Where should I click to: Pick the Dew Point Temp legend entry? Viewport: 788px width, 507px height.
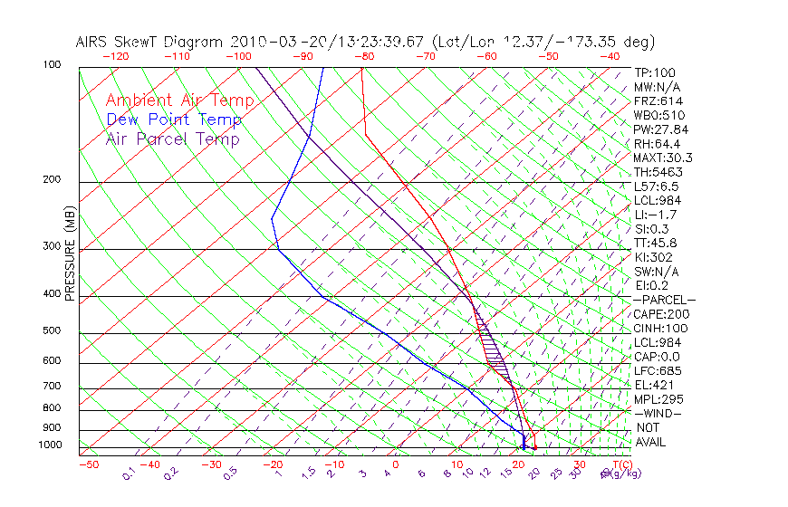(x=173, y=120)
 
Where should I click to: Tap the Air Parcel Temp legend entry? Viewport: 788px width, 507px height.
(x=172, y=139)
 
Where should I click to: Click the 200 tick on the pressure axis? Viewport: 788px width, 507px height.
(x=53, y=179)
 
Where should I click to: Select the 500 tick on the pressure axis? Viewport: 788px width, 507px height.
(x=53, y=330)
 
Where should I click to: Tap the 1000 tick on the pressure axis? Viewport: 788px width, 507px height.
(x=50, y=445)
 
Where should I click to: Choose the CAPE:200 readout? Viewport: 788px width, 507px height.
(x=658, y=313)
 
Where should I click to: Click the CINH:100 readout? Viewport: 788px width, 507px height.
(x=658, y=328)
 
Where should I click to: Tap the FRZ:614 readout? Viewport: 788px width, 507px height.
(x=656, y=100)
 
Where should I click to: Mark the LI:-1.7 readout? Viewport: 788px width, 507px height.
(x=654, y=215)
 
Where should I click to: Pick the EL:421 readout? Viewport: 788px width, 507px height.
(x=653, y=385)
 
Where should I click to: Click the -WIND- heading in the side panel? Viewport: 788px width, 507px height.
(x=658, y=413)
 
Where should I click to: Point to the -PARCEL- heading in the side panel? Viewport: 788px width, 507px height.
(x=664, y=300)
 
